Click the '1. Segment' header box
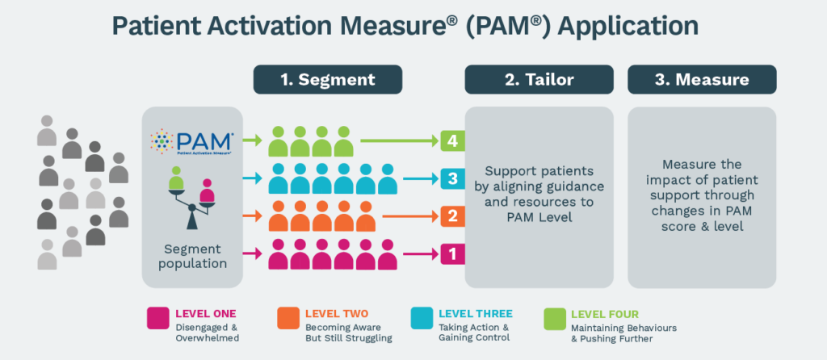tap(328, 80)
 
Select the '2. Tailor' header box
tap(539, 80)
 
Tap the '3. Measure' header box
tap(702, 80)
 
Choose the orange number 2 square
tap(452, 217)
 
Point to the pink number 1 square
tap(452, 254)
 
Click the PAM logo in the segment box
tap(192, 142)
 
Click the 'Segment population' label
tap(192, 257)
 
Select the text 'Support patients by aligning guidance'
tap(539, 179)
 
